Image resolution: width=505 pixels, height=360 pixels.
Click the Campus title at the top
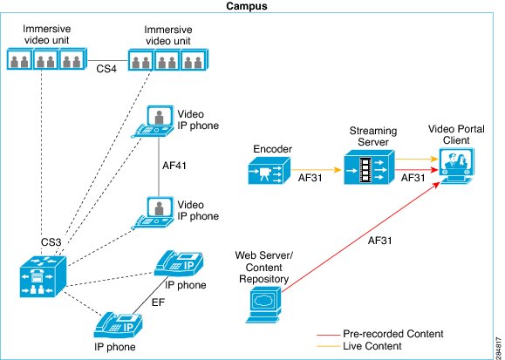(x=246, y=6)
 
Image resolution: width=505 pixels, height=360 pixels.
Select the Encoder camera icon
(x=270, y=170)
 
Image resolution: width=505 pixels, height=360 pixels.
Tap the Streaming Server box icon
(x=369, y=166)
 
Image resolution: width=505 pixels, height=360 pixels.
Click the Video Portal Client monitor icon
(x=457, y=166)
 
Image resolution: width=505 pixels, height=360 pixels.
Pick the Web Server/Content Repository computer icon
(x=263, y=304)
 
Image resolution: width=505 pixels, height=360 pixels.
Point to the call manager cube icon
(x=43, y=276)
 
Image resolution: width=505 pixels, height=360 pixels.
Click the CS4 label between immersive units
(x=106, y=69)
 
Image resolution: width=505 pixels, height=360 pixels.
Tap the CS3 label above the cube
(x=51, y=242)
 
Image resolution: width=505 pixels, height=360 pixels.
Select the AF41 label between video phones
(x=174, y=166)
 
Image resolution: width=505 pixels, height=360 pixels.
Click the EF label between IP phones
(x=158, y=302)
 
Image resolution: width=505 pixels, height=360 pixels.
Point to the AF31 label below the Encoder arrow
(x=310, y=178)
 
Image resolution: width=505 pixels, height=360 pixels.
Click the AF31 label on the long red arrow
(x=379, y=241)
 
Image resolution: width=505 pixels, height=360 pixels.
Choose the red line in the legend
(x=328, y=336)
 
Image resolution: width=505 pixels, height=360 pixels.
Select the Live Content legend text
(x=372, y=346)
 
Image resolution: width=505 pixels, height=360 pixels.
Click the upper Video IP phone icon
(x=154, y=121)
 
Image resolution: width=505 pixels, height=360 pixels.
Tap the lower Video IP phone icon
(x=154, y=213)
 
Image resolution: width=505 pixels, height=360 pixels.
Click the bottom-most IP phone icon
(x=118, y=325)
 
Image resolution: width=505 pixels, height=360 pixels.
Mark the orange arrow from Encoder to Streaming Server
(x=317, y=170)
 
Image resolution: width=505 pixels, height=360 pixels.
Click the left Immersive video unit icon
(x=47, y=58)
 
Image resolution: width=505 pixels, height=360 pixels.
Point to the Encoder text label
(x=272, y=149)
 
